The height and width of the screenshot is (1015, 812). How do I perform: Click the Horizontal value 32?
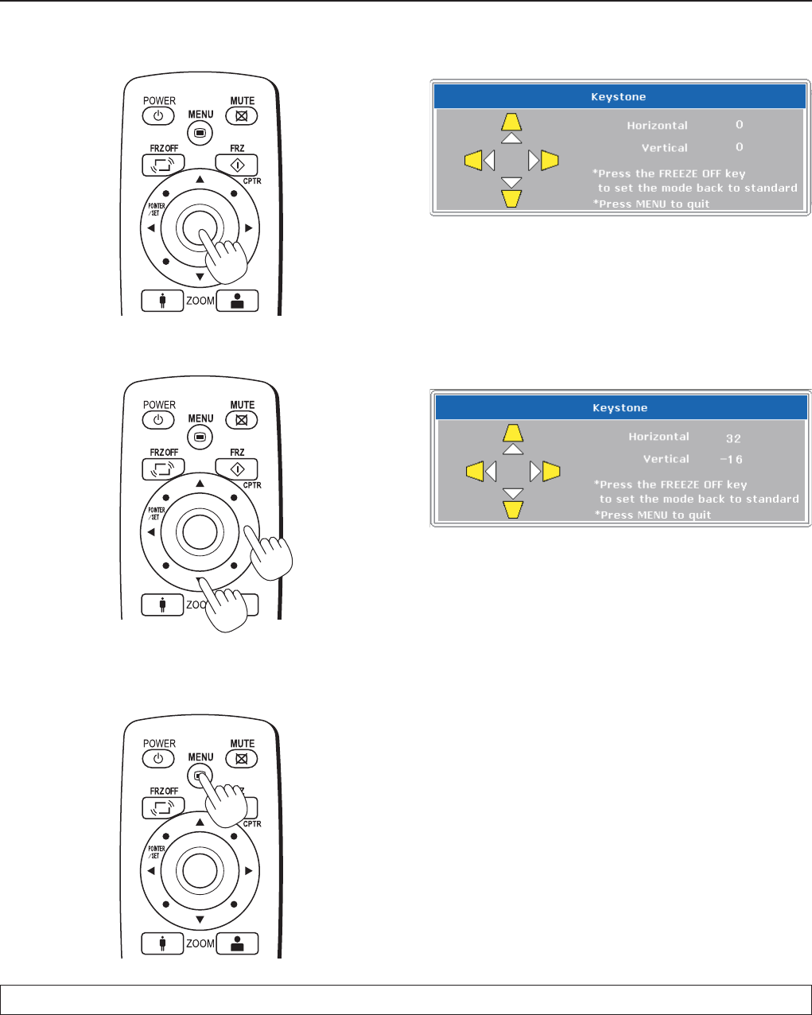point(733,438)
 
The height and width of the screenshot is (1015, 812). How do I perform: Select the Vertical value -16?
point(731,460)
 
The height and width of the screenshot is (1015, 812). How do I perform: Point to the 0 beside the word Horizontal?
point(739,125)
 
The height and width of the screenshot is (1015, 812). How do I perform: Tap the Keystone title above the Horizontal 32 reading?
point(620,408)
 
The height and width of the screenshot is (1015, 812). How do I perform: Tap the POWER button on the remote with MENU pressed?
point(158,759)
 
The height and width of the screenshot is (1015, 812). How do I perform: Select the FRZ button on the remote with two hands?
point(237,469)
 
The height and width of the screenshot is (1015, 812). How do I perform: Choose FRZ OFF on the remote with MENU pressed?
point(163,808)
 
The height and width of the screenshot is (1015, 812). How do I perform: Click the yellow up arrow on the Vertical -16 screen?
point(513,433)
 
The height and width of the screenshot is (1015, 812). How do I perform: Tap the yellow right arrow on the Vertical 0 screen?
point(550,161)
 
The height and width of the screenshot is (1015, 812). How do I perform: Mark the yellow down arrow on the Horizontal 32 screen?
point(513,509)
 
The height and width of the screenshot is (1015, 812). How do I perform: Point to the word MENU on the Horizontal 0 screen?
point(651,204)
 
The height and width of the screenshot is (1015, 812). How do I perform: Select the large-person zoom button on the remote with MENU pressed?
point(237,944)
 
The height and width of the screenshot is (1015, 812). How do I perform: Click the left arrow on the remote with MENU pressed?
point(151,871)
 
